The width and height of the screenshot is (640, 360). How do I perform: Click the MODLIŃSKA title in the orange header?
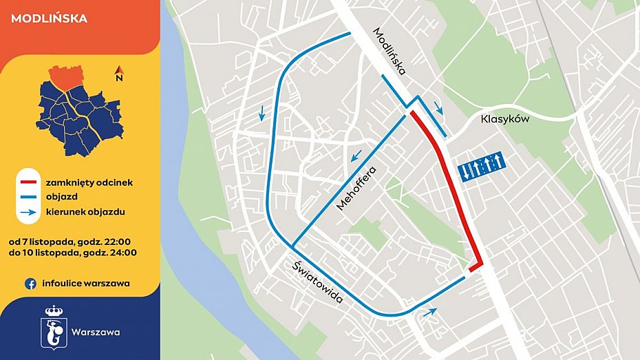pos(50,19)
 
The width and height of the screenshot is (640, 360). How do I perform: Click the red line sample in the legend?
pos(28,183)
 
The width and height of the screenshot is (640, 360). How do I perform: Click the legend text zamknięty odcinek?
pos(89,183)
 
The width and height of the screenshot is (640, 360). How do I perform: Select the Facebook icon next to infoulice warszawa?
pos(30,283)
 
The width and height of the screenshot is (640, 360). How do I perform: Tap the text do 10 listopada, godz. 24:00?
pos(73,252)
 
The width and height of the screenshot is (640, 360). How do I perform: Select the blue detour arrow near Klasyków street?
pos(439,108)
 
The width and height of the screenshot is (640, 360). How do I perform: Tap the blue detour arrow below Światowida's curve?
pos(429,313)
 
